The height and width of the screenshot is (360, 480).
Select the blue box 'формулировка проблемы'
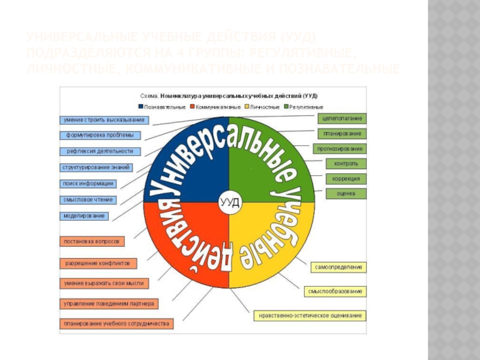pos(96,136)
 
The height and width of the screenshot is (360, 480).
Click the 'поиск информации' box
pos(88,184)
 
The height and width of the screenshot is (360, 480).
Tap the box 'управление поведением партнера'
pos(109,304)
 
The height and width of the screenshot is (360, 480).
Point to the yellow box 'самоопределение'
pos(339,266)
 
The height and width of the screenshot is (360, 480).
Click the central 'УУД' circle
pos(229,202)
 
